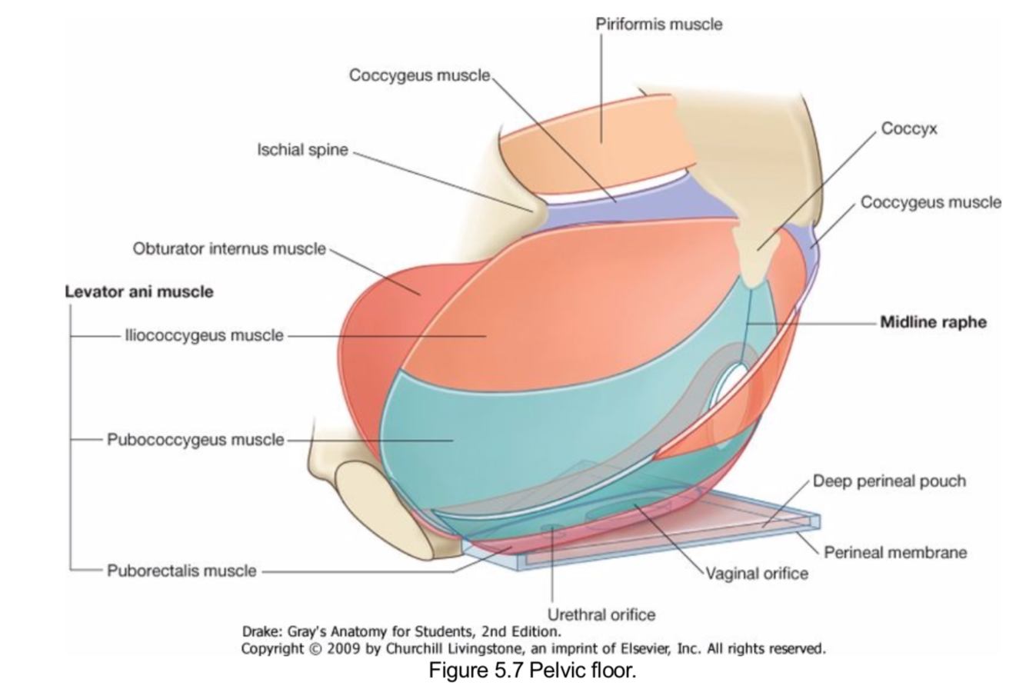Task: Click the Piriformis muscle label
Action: pyautogui.click(x=659, y=25)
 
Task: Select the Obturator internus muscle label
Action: pyautogui.click(x=229, y=249)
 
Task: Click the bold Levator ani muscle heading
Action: pyautogui.click(x=139, y=292)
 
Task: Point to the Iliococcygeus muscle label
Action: pyautogui.click(x=204, y=336)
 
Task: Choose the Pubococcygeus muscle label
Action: pyautogui.click(x=195, y=440)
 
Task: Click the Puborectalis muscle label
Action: pyautogui.click(x=182, y=571)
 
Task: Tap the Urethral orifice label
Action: pyautogui.click(x=601, y=614)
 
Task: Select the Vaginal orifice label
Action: pyautogui.click(x=758, y=574)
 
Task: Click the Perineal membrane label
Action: pyautogui.click(x=895, y=552)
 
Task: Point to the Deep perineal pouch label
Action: pyautogui.click(x=889, y=481)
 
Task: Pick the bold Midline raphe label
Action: pyautogui.click(x=933, y=322)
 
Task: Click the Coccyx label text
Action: pyautogui.click(x=909, y=128)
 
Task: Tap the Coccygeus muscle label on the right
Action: pyautogui.click(x=931, y=202)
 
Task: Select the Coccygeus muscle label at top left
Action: pyautogui.click(x=419, y=75)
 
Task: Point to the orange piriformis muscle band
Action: pyautogui.click(x=600, y=138)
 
